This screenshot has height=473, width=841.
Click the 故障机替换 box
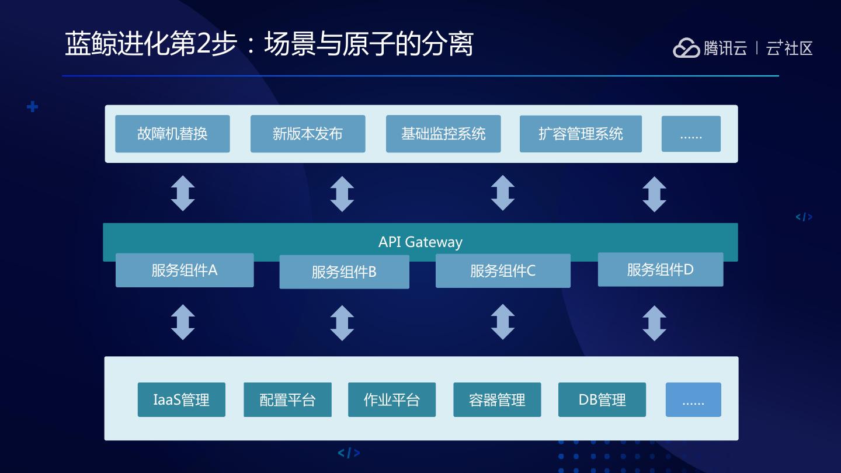click(x=172, y=134)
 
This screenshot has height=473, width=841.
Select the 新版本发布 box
click(x=308, y=134)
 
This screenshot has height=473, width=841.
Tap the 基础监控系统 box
click(x=443, y=134)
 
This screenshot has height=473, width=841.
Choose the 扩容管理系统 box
click(x=581, y=134)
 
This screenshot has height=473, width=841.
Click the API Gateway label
click(x=420, y=242)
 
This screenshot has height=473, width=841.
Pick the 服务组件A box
click(x=185, y=270)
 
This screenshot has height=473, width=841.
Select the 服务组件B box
click(x=345, y=272)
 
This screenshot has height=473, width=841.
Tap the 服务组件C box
click(x=503, y=271)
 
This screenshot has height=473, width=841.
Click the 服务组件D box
click(x=661, y=270)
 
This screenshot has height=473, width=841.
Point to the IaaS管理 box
click(x=181, y=399)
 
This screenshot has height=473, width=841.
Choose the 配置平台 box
click(x=287, y=399)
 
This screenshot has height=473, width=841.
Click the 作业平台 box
click(x=392, y=399)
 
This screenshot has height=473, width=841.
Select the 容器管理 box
click(x=497, y=399)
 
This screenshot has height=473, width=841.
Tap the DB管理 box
click(x=602, y=399)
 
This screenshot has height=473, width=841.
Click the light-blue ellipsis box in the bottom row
click(x=693, y=399)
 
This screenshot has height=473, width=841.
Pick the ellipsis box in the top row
click(x=691, y=134)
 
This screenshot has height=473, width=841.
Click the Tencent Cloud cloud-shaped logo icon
click(x=686, y=48)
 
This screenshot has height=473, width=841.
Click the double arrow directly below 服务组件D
click(x=654, y=324)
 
